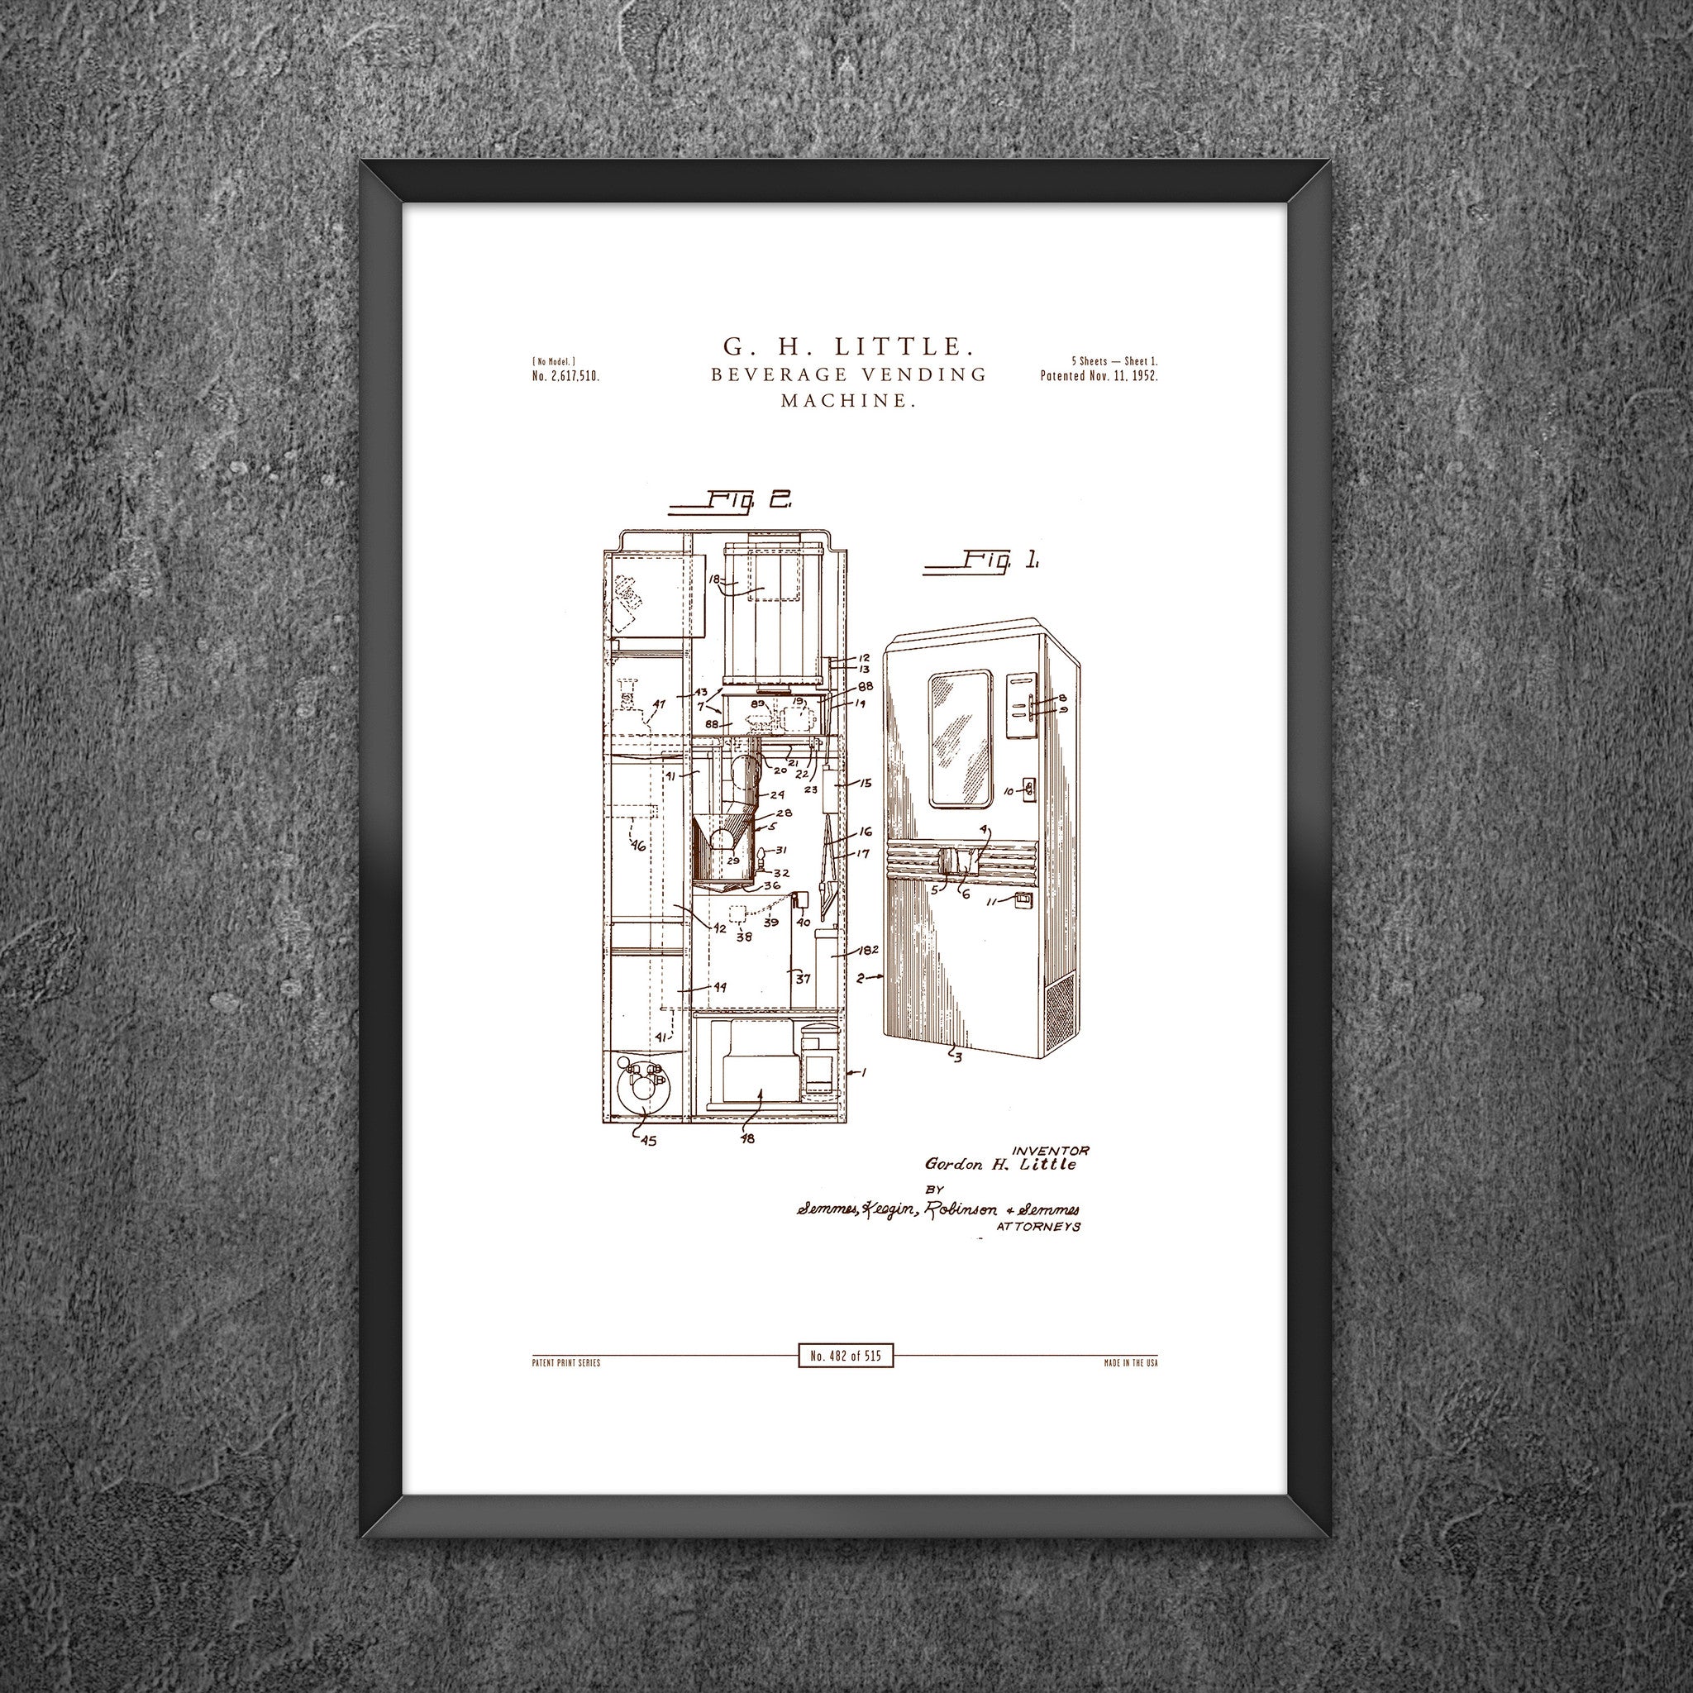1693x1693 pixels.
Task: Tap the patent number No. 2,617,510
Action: click(565, 377)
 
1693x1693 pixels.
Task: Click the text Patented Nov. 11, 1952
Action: click(1099, 376)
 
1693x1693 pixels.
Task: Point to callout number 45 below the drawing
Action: click(648, 1140)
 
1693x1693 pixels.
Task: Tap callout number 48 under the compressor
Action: click(747, 1138)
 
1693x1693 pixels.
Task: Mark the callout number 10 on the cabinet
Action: click(1008, 791)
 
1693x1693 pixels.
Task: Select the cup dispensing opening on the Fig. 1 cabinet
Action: click(961, 861)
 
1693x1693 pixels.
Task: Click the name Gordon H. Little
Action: click(1000, 1165)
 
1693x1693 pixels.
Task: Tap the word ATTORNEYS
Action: click(1038, 1228)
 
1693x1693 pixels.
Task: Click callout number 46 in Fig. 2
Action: click(638, 846)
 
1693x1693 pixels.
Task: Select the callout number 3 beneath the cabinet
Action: click(958, 1057)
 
